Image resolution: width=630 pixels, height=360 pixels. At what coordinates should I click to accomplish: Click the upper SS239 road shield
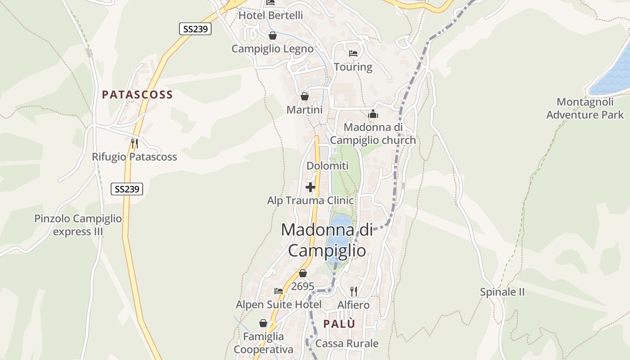tap(195, 29)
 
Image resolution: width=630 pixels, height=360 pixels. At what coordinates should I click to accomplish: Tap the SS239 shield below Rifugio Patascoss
tap(127, 189)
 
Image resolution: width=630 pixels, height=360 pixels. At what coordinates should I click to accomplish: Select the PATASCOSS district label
tap(137, 94)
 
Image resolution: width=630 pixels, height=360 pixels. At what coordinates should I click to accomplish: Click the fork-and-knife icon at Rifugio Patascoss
tap(134, 144)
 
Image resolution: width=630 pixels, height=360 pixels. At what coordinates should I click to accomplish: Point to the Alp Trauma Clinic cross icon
tap(310, 187)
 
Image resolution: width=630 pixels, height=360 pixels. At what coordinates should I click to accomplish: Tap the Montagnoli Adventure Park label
tap(585, 108)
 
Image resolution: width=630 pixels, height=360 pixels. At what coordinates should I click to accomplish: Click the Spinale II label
tap(502, 292)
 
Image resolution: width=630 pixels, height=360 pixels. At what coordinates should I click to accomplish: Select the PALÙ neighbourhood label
tap(339, 324)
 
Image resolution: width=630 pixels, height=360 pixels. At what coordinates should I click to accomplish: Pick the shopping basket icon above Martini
tap(305, 96)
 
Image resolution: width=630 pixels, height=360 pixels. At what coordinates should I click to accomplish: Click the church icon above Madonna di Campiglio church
tap(373, 114)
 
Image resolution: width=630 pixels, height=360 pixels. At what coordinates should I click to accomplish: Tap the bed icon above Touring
tap(353, 54)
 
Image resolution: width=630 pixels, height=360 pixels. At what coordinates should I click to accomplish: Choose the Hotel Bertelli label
tap(270, 15)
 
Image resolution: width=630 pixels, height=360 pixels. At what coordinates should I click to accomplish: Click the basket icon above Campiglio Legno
tap(273, 36)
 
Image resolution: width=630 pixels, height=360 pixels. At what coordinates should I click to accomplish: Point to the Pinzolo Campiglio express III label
tap(78, 225)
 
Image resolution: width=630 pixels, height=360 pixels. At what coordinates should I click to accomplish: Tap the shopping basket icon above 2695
tap(303, 273)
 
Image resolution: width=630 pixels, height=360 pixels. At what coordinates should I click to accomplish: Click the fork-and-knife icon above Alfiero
tap(354, 292)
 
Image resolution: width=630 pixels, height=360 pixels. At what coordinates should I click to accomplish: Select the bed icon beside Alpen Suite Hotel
tap(279, 291)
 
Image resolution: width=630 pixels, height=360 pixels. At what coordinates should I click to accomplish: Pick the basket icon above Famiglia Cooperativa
tap(263, 323)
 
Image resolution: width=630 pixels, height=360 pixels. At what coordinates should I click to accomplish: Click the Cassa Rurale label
tap(347, 344)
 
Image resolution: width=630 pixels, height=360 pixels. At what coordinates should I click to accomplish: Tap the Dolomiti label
tap(328, 166)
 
